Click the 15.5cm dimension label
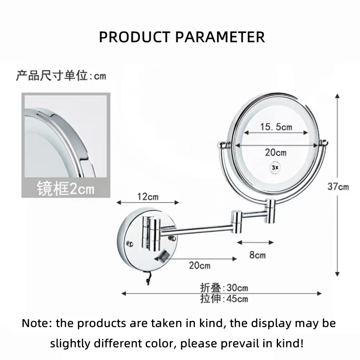coord(276,127)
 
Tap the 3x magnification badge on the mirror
coord(275,167)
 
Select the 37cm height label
coord(338,187)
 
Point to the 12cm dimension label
coord(148,197)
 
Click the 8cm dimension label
coord(257,255)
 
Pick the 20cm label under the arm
coord(199,265)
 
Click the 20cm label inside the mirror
coord(276,153)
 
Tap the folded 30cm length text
coord(224,288)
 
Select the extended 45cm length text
coord(224,298)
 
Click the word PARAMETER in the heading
coord(220,37)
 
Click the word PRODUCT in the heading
coord(135,37)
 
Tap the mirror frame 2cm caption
coord(66,189)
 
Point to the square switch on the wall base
coord(164,256)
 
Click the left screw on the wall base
coord(130,244)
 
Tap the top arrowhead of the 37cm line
coord(337,96)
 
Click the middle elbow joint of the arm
coord(237,221)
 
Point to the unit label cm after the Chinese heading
coord(100,76)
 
